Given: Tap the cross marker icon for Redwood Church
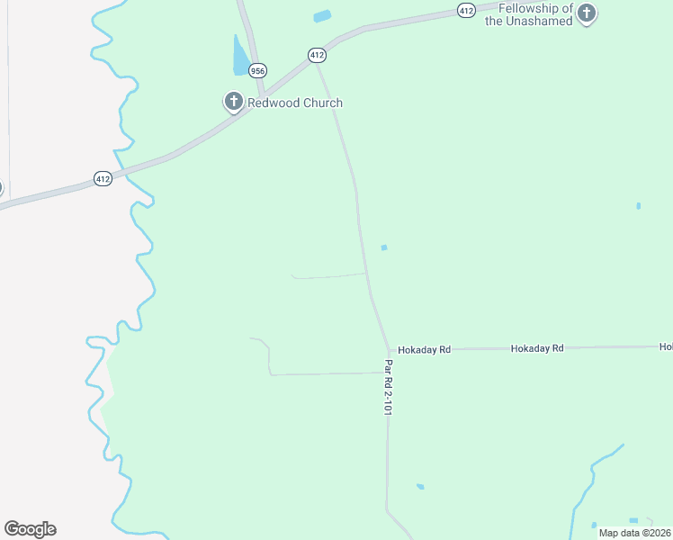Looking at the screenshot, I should pyautogui.click(x=234, y=102).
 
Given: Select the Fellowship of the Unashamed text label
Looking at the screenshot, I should pyautogui.click(x=529, y=14).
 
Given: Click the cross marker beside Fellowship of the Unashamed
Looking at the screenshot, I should pyautogui.click(x=587, y=13).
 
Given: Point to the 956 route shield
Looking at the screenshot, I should pyautogui.click(x=258, y=70).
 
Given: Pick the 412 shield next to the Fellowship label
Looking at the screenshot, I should pyautogui.click(x=465, y=10).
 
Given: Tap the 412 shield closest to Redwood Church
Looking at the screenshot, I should pyautogui.click(x=317, y=55).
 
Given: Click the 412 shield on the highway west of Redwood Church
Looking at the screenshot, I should pyautogui.click(x=103, y=179).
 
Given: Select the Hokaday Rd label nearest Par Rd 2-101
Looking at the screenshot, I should pyautogui.click(x=424, y=349).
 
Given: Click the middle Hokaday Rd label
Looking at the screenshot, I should pyautogui.click(x=536, y=347).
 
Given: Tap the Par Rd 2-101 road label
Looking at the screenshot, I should pyautogui.click(x=389, y=387).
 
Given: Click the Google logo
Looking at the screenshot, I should pyautogui.click(x=30, y=529).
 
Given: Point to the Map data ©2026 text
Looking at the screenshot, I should pyautogui.click(x=634, y=532).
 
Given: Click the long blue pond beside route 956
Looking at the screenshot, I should pyautogui.click(x=240, y=58).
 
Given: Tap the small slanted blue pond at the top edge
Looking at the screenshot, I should pyautogui.click(x=322, y=16).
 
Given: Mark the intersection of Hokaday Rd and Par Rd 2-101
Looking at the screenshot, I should pyautogui.click(x=390, y=349).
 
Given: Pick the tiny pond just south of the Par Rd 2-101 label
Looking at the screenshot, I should pyautogui.click(x=420, y=487).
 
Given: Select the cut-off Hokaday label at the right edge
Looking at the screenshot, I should pyautogui.click(x=666, y=346).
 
